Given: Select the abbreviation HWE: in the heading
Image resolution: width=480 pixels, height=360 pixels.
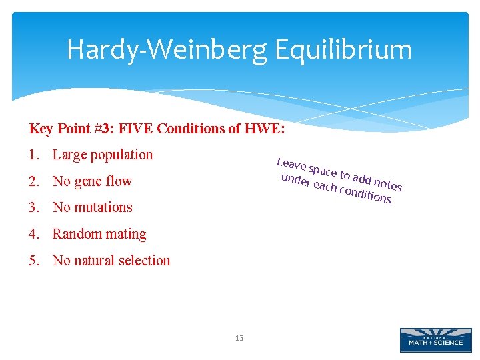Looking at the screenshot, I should click(265, 129).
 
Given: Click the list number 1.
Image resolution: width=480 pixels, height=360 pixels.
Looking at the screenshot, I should click(33, 155).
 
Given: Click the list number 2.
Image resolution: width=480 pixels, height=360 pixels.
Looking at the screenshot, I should click(33, 181).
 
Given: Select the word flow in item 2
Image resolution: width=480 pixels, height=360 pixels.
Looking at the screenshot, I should click(119, 181).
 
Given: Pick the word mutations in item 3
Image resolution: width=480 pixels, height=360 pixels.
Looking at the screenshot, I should click(103, 207).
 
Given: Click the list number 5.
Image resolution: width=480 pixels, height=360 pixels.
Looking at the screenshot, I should click(33, 261).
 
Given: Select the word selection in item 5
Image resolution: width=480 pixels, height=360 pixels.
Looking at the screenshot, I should click(146, 261).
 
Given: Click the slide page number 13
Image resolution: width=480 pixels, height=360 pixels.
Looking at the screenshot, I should click(239, 339).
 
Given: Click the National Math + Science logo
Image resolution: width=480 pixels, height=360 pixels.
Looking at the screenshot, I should click(435, 340).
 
